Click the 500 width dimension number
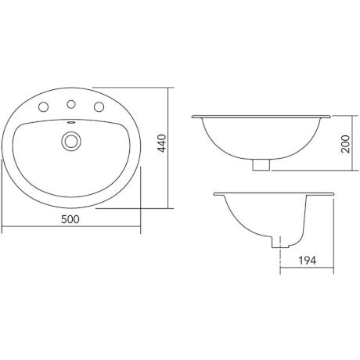click(71, 221)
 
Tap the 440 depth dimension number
click(161, 147)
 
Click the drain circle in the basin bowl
click(72, 141)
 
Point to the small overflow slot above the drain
click(72, 123)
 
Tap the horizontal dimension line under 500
click(71, 231)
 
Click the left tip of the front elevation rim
click(193, 117)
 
